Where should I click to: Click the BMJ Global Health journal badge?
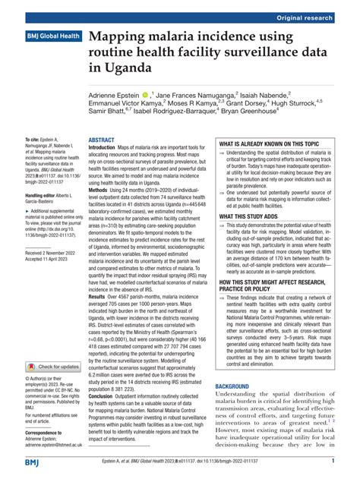coord(55,36)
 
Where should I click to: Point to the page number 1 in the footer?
coord(333,462)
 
